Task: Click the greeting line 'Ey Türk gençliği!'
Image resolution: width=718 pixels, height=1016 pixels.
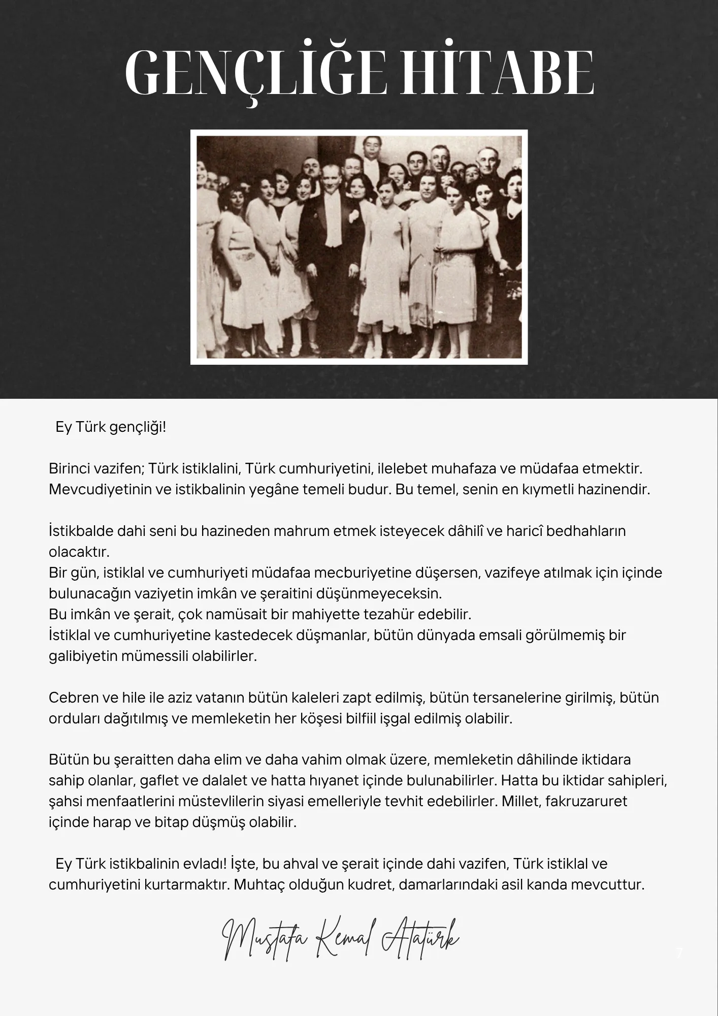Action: click(111, 427)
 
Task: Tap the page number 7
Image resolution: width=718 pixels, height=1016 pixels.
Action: click(679, 954)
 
